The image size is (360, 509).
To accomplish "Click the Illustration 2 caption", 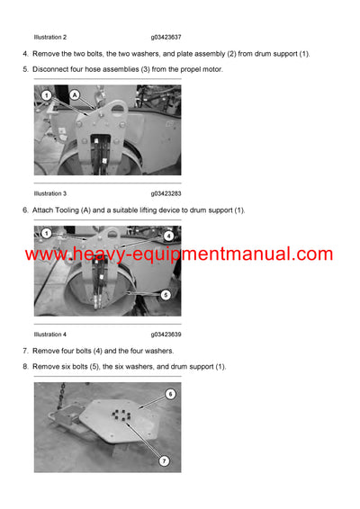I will pyautogui.click(x=49, y=37).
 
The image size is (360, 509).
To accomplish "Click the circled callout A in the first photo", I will pyautogui.click(x=74, y=94).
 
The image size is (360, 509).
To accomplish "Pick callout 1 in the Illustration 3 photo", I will pyautogui.click(x=45, y=94).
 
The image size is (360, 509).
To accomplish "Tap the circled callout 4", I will pyautogui.click(x=168, y=236).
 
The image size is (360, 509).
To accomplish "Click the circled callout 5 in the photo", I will pyautogui.click(x=167, y=294).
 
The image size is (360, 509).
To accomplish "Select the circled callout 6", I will pyautogui.click(x=170, y=394).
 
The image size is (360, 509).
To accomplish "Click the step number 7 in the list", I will pyautogui.click(x=25, y=351).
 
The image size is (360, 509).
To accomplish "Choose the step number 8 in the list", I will pyautogui.click(x=25, y=367).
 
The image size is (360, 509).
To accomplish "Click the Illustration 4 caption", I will pyautogui.click(x=49, y=335).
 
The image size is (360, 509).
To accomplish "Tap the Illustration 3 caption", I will pyautogui.click(x=49, y=193).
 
